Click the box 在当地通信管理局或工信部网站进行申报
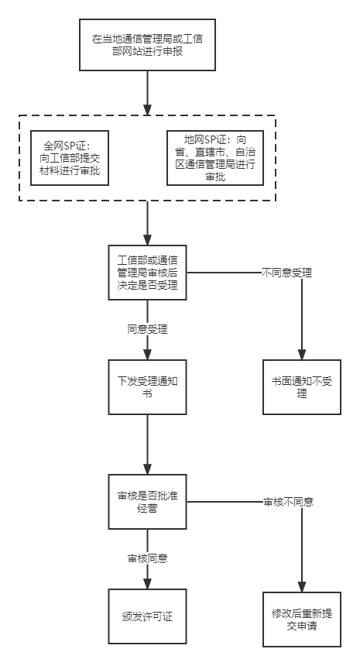tap(147, 45)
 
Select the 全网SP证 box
tap(70, 158)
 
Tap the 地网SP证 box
tap(215, 158)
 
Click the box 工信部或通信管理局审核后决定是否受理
tap(147, 273)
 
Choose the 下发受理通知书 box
tap(147, 387)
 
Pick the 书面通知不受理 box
tap(302, 387)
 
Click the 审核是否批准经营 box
tap(147, 502)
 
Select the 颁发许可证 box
tap(147, 616)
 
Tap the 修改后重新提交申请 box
tap(302, 620)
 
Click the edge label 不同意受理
tap(286, 273)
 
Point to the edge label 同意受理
tap(147, 329)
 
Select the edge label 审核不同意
tap(289, 502)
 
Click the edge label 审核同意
tap(147, 558)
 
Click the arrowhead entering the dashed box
tap(147, 110)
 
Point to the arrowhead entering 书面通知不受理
tap(302, 354)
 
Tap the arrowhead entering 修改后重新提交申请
tap(302, 586)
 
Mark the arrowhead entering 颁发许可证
tap(147, 584)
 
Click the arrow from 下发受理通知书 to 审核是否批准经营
tap(147, 445)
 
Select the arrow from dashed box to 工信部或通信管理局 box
tap(147, 223)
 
